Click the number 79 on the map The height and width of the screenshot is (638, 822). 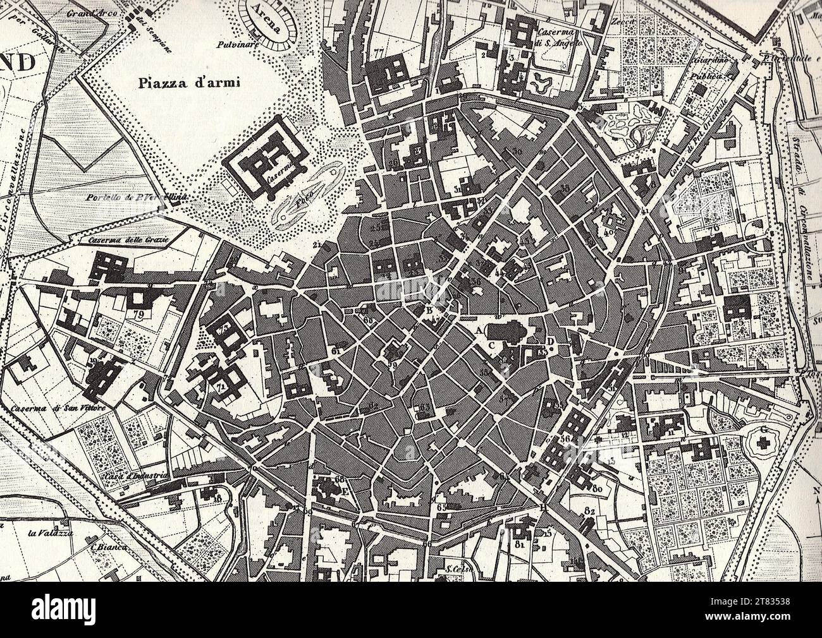(138, 313)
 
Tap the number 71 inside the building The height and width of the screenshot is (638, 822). (221, 387)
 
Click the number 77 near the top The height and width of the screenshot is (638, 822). (379, 53)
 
